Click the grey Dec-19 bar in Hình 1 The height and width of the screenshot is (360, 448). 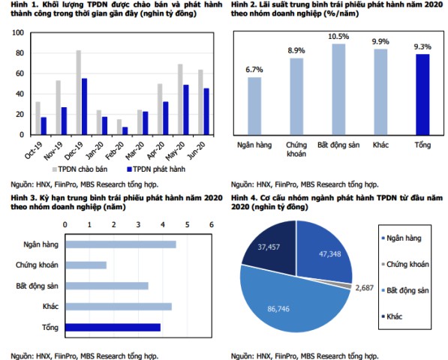[79, 92]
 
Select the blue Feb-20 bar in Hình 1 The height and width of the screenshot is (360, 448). [125, 131]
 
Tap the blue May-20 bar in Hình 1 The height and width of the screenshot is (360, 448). [186, 110]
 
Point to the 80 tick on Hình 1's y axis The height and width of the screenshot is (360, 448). [20, 53]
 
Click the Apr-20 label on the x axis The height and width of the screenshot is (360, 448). [156, 151]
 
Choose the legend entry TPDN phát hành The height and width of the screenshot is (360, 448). [156, 169]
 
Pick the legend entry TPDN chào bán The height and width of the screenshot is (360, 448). [80, 169]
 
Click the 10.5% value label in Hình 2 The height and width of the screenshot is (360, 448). [338, 37]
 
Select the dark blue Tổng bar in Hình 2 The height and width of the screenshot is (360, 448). [422, 94]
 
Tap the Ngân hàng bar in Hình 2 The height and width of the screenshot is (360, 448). [254, 106]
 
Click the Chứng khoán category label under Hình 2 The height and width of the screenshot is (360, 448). [296, 149]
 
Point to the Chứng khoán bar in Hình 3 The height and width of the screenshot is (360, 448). [86, 265]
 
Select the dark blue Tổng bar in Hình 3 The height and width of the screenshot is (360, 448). [113, 328]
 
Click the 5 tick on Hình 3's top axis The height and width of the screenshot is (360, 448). [187, 225]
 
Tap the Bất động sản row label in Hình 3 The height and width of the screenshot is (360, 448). [37, 286]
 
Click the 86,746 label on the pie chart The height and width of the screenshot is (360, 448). [278, 309]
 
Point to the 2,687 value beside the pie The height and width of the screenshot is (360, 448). [365, 288]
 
